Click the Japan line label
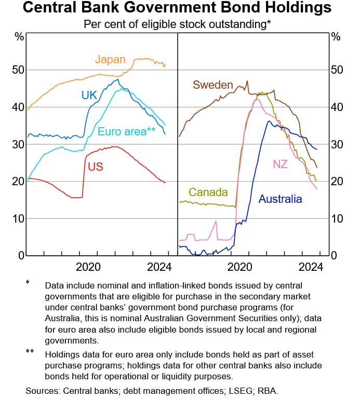pyautogui.click(x=110, y=60)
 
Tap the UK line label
pyautogui.click(x=89, y=94)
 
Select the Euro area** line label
pyautogui.click(x=127, y=131)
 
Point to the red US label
pyautogui.click(x=95, y=167)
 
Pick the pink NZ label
pyautogui.click(x=281, y=164)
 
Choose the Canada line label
pyautogui.click(x=208, y=192)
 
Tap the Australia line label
pyautogui.click(x=280, y=199)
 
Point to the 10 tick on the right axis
pyautogui.click(x=337, y=218)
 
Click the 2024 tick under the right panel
pyautogui.click(x=311, y=267)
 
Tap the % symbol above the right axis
pyautogui.click(x=336, y=36)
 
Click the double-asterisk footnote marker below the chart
pyautogui.click(x=30, y=352)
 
